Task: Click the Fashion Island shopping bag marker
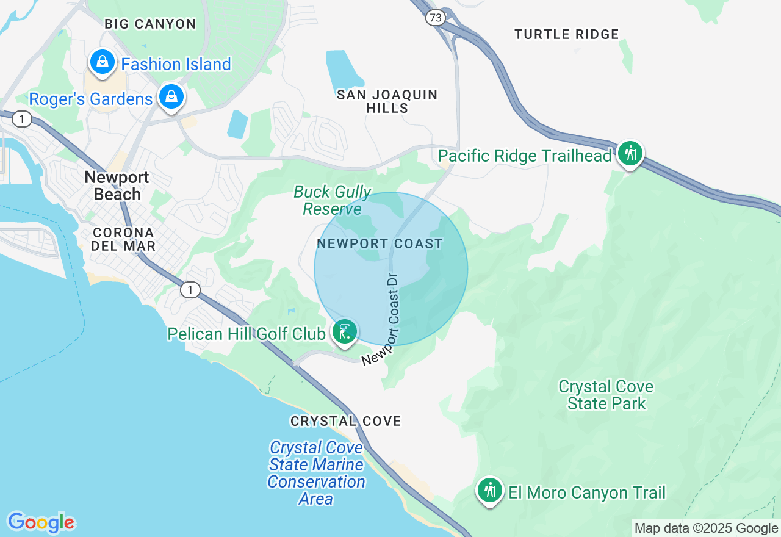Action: (103, 62)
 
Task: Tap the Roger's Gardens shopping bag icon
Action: (172, 96)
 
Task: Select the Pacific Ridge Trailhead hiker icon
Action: (630, 153)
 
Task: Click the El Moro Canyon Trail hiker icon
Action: (490, 490)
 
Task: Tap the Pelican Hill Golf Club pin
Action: (344, 332)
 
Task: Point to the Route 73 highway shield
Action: (435, 18)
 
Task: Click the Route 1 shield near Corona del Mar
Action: (190, 290)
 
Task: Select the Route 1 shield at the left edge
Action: (22, 119)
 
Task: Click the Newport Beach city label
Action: (117, 186)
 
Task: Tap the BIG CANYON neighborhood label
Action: (150, 24)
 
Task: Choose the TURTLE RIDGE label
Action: (567, 35)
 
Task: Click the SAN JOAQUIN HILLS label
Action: (387, 101)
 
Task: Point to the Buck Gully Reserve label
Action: (332, 200)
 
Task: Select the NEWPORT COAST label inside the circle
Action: (380, 243)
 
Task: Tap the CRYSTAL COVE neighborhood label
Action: (346, 421)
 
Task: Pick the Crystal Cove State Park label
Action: (606, 395)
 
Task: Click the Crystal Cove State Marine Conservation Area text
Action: (316, 473)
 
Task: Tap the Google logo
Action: (41, 522)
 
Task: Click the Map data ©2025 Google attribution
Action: (706, 528)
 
